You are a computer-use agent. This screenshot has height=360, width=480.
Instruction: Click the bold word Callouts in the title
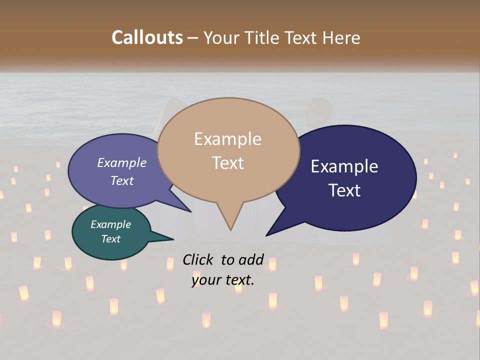(x=147, y=37)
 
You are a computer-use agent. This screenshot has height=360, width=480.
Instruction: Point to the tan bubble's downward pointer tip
(x=230, y=229)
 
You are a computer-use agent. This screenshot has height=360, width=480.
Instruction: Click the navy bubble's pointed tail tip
(x=267, y=235)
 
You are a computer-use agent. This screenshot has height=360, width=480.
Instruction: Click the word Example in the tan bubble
(x=227, y=139)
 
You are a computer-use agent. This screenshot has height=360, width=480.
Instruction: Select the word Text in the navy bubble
(x=344, y=190)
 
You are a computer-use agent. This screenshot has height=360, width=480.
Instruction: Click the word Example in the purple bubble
(x=122, y=162)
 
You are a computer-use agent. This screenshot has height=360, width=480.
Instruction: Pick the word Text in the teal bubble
(x=110, y=239)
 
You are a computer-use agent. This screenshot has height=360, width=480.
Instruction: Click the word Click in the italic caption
(x=198, y=259)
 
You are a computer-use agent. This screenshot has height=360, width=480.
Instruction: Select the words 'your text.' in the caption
(x=223, y=280)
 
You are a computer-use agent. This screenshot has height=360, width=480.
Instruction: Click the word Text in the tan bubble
(x=227, y=163)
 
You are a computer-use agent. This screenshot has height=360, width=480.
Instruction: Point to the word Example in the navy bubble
(x=344, y=166)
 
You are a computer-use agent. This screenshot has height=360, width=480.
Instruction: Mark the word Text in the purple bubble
(x=122, y=180)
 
